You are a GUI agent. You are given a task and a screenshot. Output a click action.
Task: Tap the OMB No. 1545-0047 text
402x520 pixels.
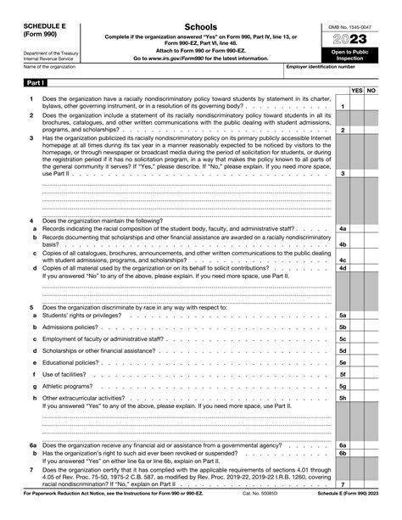coord(356,27)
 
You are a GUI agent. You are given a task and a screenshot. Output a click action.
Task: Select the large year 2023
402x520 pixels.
coord(356,40)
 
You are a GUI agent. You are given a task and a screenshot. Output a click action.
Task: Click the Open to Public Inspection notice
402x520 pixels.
coord(356,56)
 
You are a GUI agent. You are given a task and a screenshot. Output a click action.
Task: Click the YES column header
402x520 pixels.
coord(357,88)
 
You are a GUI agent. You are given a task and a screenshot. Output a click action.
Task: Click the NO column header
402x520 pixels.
coord(371,88)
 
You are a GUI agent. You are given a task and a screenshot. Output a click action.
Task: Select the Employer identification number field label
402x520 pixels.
coord(321,65)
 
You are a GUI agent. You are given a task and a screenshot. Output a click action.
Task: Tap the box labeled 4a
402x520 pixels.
coord(342,228)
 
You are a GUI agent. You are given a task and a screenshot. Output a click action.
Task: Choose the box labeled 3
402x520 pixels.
coord(342,173)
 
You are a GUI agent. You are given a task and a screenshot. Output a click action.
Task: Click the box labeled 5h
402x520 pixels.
coord(342,397)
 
